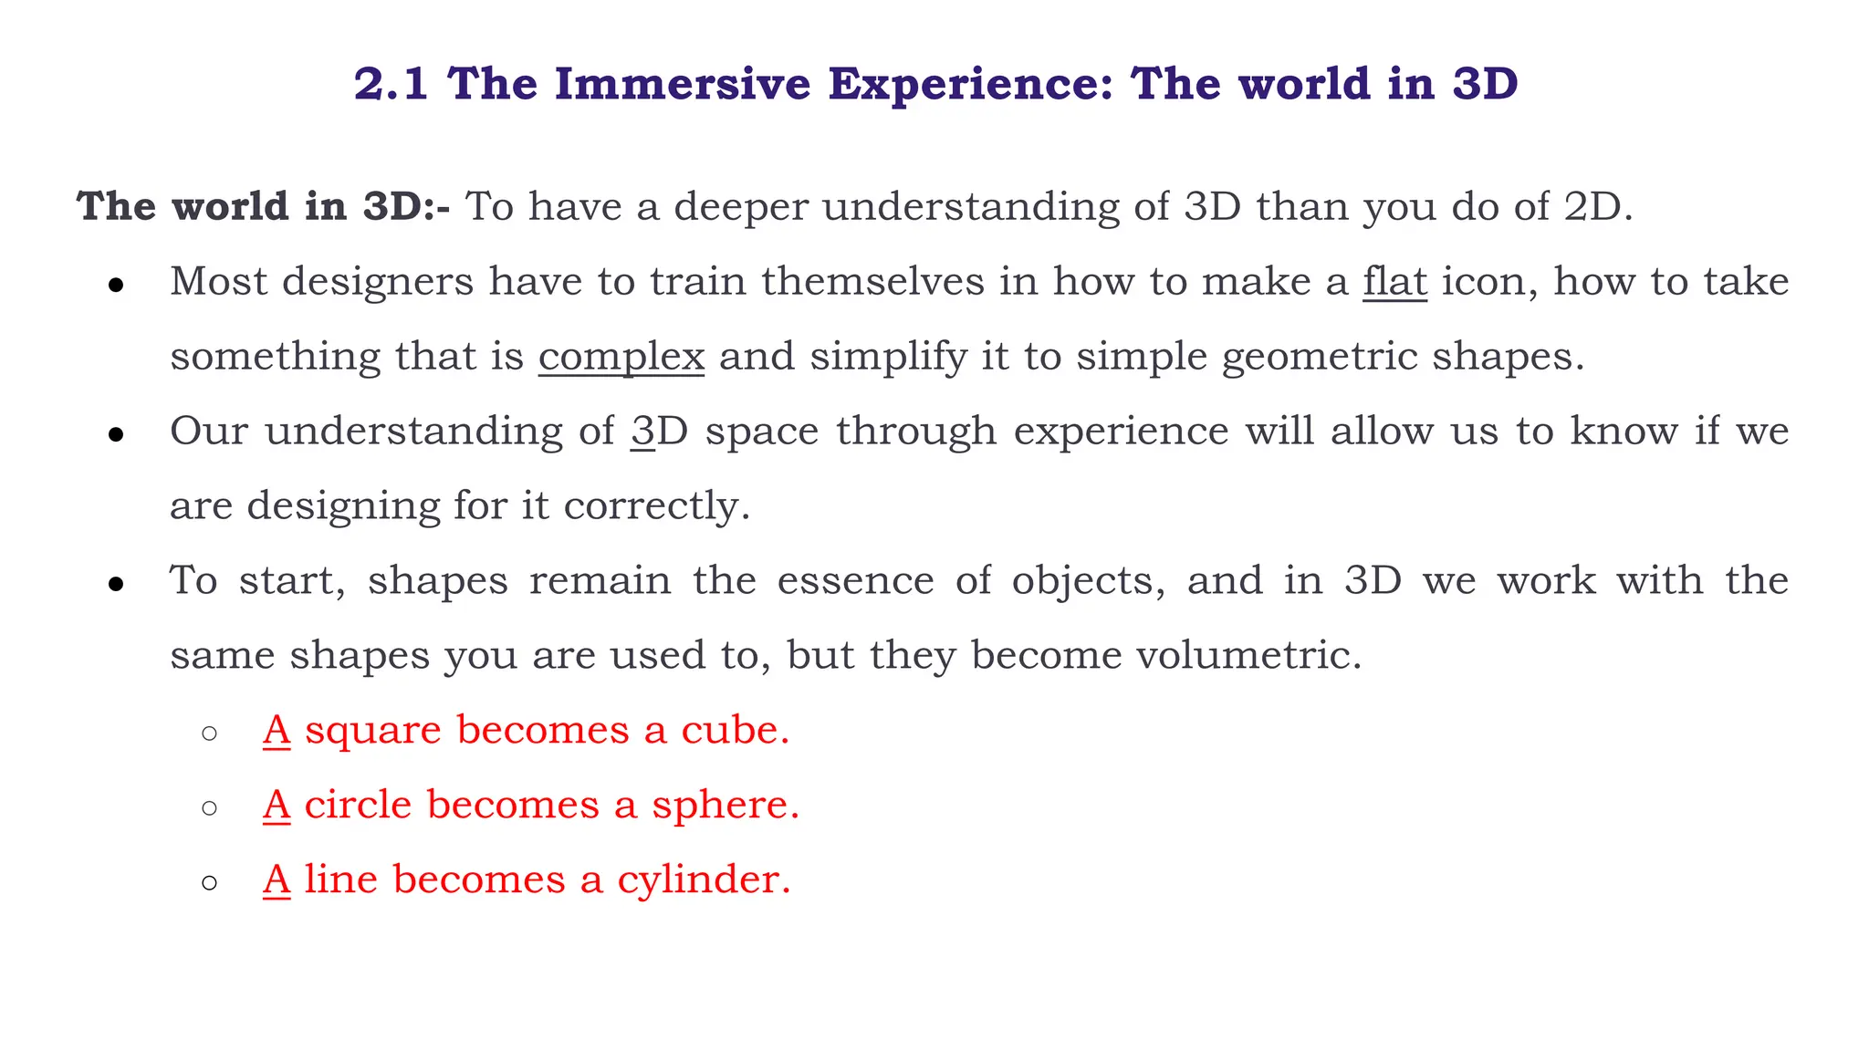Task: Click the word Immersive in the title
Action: [682, 84]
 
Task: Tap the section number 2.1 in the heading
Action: [391, 84]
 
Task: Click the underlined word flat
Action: [1394, 281]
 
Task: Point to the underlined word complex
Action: [621, 356]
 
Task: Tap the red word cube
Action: [735, 730]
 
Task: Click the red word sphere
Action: [725, 805]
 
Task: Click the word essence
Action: [855, 580]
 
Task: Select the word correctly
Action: [657, 505]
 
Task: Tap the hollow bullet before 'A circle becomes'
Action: [209, 808]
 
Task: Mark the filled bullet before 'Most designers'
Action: [115, 286]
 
